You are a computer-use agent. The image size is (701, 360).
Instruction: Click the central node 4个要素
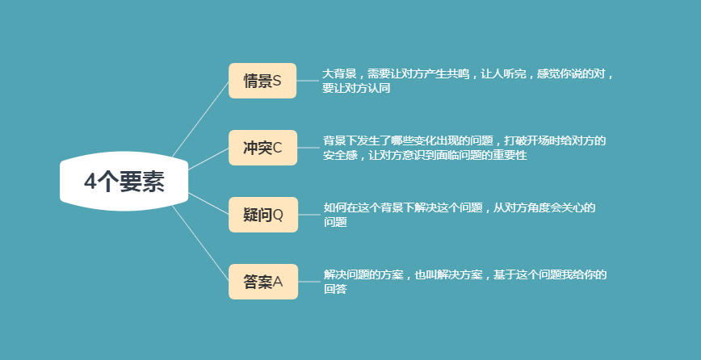[x=124, y=182]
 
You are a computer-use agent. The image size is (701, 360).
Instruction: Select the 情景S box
[x=262, y=81]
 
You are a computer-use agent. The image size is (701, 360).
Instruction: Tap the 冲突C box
[x=263, y=148]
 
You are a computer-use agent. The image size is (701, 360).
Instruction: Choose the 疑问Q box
[x=263, y=215]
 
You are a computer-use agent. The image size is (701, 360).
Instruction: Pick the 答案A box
[x=263, y=282]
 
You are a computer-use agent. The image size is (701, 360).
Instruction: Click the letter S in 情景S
[x=277, y=81]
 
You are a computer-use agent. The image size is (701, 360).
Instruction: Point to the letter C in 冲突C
[x=277, y=148]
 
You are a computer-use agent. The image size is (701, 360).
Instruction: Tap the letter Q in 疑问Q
[x=278, y=215]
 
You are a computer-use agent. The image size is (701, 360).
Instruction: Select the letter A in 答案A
[x=278, y=282]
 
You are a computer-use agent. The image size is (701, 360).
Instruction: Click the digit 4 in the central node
[x=90, y=182]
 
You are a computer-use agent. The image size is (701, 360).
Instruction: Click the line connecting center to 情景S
[x=200, y=119]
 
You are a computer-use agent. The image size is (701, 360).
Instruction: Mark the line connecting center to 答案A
[x=200, y=244]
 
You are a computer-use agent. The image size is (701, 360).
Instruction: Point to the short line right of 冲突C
[x=309, y=148]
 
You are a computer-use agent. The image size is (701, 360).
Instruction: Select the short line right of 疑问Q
[x=309, y=215]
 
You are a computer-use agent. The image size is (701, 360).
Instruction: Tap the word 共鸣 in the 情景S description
[x=458, y=73]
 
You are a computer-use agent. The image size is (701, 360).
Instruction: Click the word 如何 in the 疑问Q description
[x=335, y=207]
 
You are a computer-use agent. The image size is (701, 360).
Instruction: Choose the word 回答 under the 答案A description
[x=335, y=290]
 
